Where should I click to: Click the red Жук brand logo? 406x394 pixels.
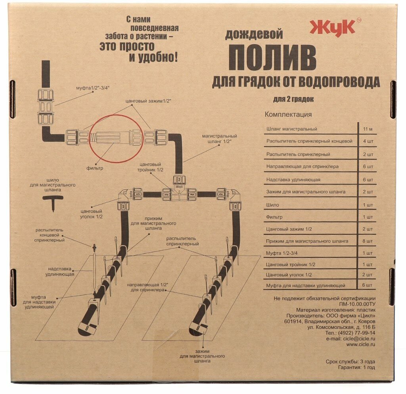click(x=333, y=28)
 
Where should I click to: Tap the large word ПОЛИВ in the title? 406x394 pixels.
click(x=272, y=58)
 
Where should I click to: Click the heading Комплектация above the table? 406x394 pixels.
click(x=288, y=115)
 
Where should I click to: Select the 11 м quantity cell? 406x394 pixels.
click(x=367, y=129)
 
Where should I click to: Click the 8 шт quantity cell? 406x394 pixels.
click(x=368, y=241)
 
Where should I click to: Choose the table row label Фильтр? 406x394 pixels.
click(x=275, y=217)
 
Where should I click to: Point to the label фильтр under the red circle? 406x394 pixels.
click(x=96, y=168)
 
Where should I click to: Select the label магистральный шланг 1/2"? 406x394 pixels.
click(x=219, y=139)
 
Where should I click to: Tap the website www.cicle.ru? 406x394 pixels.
click(x=360, y=344)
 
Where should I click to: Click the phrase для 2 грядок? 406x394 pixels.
click(x=293, y=99)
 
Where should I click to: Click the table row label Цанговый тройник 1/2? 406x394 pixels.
click(x=289, y=265)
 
